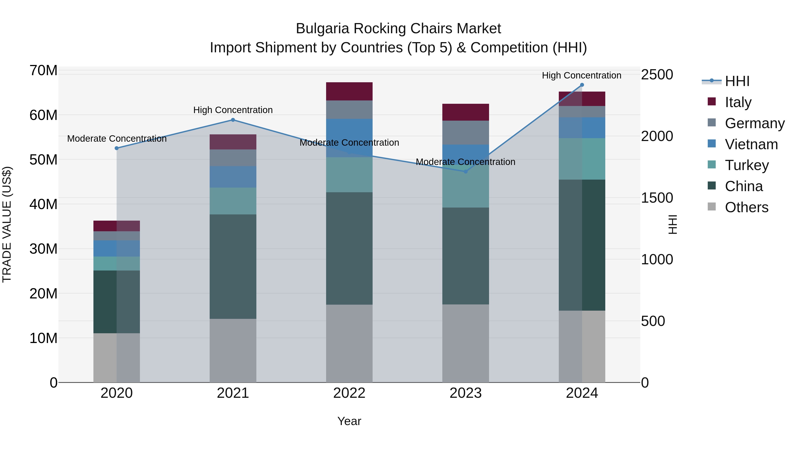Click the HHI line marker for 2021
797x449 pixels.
[x=233, y=120]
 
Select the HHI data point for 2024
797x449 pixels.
[x=582, y=85]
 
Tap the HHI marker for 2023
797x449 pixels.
[x=466, y=171]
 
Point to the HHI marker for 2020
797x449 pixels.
[x=117, y=148]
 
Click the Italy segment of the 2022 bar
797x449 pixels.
[x=349, y=91]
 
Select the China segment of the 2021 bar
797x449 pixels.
[x=233, y=267]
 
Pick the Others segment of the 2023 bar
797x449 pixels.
[x=466, y=343]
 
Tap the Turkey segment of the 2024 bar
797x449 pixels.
[x=582, y=159]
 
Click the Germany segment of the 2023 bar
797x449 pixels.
[x=466, y=133]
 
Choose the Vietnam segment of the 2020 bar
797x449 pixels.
[x=117, y=249]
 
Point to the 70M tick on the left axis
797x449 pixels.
[x=43, y=71]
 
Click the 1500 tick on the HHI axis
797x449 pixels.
[x=657, y=198]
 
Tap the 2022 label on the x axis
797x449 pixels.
[x=349, y=393]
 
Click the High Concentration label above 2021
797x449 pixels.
[x=233, y=110]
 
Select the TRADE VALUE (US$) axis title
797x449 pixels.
[x=7, y=224]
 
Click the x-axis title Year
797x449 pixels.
[x=349, y=421]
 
